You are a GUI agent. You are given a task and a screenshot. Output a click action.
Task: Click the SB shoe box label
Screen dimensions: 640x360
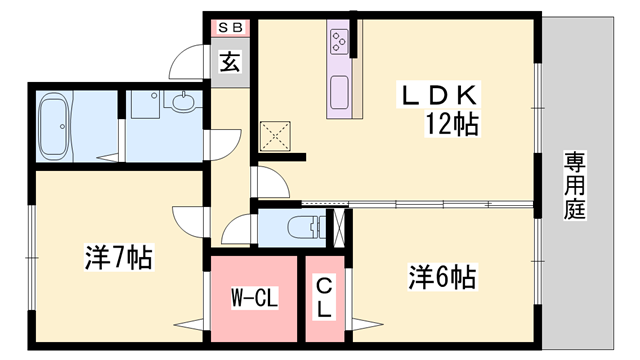tap(231, 28)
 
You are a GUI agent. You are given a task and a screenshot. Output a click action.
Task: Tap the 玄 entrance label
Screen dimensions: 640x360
tap(230, 62)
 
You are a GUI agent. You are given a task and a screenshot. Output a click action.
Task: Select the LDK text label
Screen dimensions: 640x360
tap(439, 94)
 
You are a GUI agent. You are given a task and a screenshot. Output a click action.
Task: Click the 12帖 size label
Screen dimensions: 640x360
tap(452, 124)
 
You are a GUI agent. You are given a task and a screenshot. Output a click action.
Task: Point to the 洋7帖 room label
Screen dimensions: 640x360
tap(119, 257)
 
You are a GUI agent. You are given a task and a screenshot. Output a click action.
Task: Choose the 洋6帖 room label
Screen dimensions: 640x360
tap(442, 277)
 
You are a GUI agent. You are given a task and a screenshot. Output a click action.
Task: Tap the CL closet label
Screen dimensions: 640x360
tap(324, 298)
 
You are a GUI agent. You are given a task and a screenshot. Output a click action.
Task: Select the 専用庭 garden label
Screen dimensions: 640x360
tap(575, 185)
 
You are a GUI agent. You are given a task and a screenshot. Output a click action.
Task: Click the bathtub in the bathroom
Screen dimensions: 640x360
tap(53, 126)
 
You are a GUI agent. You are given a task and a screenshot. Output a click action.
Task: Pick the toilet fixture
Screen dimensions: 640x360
tap(306, 227)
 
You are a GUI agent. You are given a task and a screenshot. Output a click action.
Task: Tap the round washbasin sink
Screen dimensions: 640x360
tap(183, 102)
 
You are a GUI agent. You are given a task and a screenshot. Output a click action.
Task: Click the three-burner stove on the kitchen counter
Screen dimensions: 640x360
tap(339, 42)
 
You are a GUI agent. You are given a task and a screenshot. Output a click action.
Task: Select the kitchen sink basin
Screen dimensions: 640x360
tap(339, 92)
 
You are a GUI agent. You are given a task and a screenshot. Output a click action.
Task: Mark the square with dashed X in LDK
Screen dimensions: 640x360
tap(275, 136)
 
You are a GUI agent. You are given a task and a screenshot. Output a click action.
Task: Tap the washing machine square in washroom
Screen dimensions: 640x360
tap(145, 105)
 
